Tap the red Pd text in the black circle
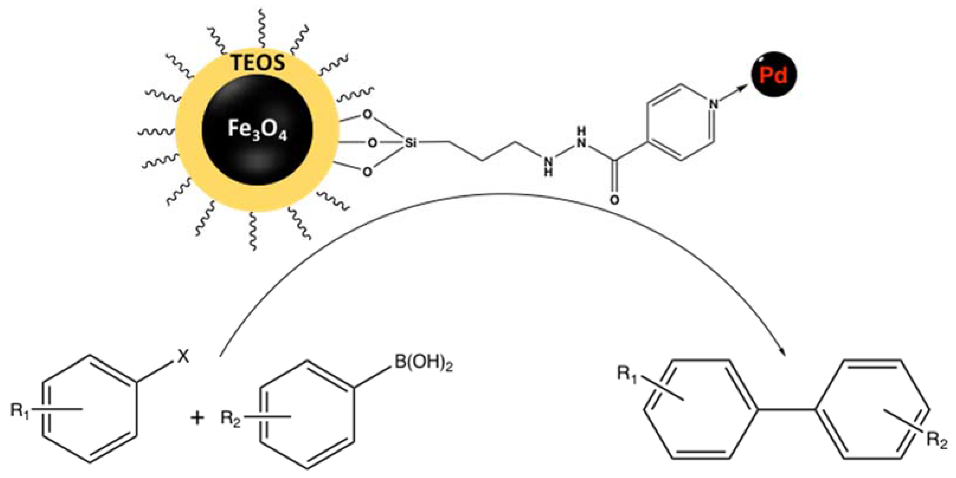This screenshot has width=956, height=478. tap(773, 75)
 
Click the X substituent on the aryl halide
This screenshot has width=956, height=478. tap(182, 357)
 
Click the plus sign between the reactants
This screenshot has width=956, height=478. tap(197, 418)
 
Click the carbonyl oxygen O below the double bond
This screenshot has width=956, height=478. tap(614, 200)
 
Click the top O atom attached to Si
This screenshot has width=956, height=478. tap(367, 114)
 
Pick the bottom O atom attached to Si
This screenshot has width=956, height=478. tap(367, 172)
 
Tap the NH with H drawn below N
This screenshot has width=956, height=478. tap(548, 166)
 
